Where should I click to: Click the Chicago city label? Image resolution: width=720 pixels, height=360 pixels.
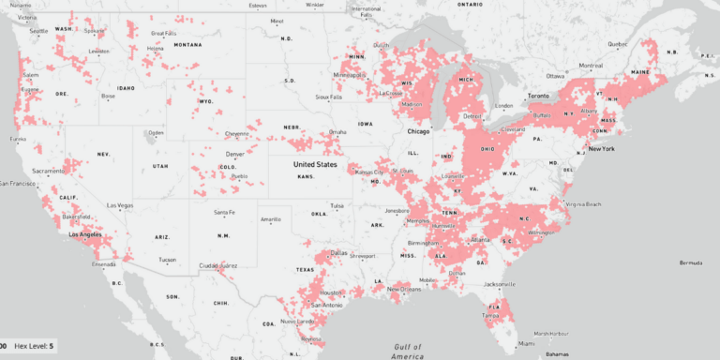(418, 131)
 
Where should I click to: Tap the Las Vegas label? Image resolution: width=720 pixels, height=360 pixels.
(121, 205)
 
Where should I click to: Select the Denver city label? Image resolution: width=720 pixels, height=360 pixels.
(234, 153)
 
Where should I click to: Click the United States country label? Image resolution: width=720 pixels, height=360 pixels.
(314, 164)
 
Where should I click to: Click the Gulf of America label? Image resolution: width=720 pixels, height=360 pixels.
(409, 351)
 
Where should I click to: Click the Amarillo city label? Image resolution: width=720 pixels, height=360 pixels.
(271, 219)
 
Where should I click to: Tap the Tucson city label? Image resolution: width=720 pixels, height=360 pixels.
(167, 260)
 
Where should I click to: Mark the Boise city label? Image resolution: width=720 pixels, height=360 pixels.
(108, 96)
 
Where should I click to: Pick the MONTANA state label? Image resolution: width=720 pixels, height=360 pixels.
(187, 44)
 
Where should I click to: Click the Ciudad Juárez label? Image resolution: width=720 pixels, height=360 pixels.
(217, 265)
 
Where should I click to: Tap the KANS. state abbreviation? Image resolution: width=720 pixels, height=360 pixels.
(306, 176)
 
